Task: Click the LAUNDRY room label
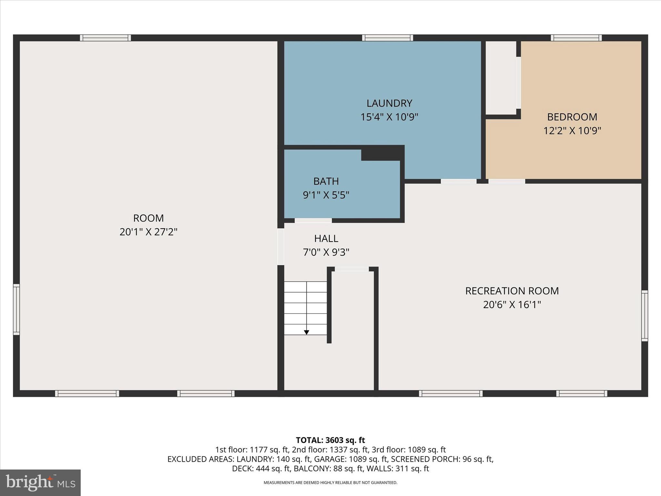[x=389, y=103]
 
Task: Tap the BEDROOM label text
[x=572, y=117]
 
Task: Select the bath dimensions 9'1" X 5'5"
[x=326, y=195]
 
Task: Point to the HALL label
[x=326, y=239]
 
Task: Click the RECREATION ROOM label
[x=512, y=291]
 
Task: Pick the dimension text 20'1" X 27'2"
[x=148, y=232]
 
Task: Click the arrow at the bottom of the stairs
[x=307, y=332]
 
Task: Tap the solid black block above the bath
[x=382, y=153]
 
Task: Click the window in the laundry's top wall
[x=387, y=38]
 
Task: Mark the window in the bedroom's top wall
[x=576, y=38]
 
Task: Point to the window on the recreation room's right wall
[x=644, y=315]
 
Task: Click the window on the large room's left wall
[x=16, y=309]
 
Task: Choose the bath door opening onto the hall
[x=313, y=221]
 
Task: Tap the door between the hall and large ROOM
[x=281, y=247]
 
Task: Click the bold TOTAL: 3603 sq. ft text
[x=330, y=440]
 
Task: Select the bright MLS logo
[x=40, y=482]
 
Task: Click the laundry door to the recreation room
[x=459, y=181]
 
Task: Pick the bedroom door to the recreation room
[x=506, y=181]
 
